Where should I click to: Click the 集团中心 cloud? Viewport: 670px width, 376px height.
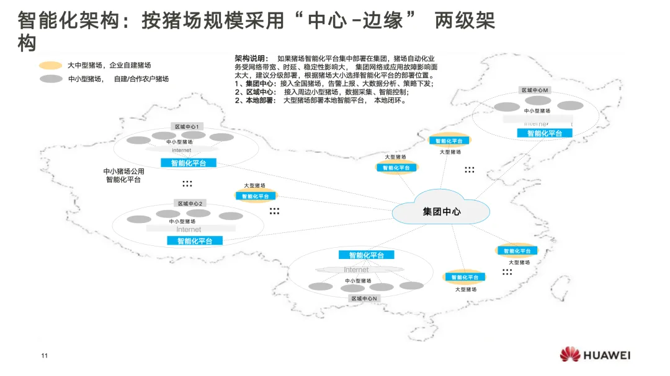(441, 211)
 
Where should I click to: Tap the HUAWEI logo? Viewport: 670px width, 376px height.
(595, 355)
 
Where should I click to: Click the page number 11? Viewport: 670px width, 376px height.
(44, 356)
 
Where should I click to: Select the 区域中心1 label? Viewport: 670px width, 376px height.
(189, 126)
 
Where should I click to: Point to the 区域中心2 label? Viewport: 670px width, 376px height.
(190, 203)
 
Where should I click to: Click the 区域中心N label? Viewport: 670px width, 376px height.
(364, 298)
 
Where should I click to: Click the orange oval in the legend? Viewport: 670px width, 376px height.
(51, 65)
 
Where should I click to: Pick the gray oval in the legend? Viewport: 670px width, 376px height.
(51, 79)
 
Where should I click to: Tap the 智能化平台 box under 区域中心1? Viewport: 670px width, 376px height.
(189, 163)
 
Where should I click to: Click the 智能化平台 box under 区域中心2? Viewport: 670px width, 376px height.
(194, 240)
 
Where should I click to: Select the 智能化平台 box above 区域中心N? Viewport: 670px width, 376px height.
(366, 255)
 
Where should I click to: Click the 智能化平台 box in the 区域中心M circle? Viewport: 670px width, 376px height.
(545, 133)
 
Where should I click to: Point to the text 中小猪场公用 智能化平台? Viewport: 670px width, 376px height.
(123, 175)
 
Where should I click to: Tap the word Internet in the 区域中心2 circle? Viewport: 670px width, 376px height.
(189, 229)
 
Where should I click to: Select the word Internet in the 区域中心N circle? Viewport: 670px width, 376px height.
(356, 269)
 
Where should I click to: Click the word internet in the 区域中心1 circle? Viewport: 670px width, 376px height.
(182, 151)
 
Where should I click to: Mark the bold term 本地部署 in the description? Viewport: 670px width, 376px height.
(260, 100)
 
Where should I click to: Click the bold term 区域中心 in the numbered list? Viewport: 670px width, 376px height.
(261, 92)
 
